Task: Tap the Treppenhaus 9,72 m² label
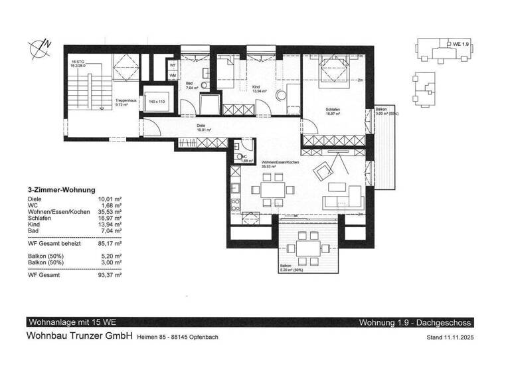(x=126, y=102)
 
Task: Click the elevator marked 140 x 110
(x=156, y=101)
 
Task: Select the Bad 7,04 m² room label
(x=193, y=86)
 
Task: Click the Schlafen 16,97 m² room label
(x=332, y=112)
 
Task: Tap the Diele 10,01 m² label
(x=203, y=128)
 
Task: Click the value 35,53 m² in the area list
(x=110, y=211)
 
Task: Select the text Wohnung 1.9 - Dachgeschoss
(x=414, y=323)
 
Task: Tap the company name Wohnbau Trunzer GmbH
(x=80, y=336)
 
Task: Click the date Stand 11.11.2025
(x=448, y=337)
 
